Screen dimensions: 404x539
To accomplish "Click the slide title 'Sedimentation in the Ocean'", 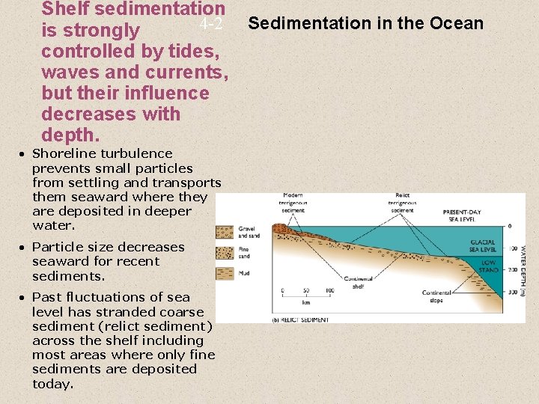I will click(x=365, y=23).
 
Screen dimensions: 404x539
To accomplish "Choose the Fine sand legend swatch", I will click(x=225, y=253).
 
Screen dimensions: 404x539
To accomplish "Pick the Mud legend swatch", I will click(x=225, y=273).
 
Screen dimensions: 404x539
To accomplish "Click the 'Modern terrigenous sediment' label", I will click(x=293, y=203).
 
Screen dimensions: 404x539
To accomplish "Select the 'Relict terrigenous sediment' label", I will click(x=402, y=203).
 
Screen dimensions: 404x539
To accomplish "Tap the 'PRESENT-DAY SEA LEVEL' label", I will click(x=462, y=215).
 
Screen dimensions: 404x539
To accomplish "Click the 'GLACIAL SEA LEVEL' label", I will click(x=483, y=246).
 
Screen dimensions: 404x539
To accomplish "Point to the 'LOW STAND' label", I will click(x=488, y=266).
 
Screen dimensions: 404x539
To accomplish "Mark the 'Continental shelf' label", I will click(x=358, y=283).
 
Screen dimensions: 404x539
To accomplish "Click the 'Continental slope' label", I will click(x=436, y=296).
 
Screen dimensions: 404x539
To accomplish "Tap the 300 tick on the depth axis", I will click(x=512, y=292).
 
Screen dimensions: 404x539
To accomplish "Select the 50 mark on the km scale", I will click(x=305, y=290).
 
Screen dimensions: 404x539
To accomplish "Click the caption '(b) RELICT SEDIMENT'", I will click(x=300, y=320).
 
